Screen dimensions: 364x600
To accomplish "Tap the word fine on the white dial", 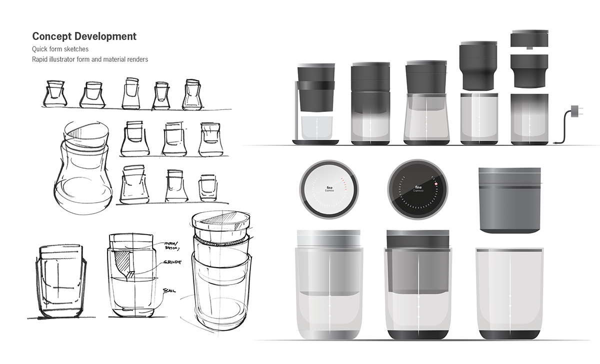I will coord(328,186).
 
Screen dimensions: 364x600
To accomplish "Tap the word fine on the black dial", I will coord(418,186).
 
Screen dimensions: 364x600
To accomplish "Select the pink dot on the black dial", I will coord(436,184).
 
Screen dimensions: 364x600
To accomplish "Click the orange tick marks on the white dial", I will coord(343,180).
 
